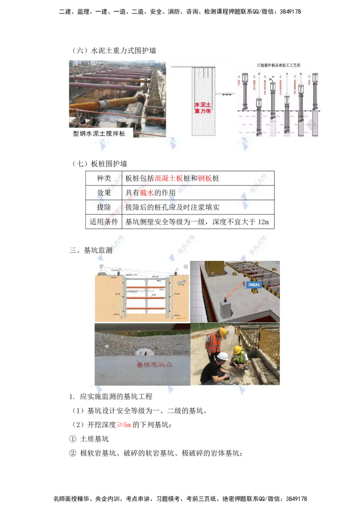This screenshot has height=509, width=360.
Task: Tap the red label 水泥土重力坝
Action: pyautogui.click(x=202, y=108)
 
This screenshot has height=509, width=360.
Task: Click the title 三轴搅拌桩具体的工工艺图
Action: pyautogui.click(x=279, y=65)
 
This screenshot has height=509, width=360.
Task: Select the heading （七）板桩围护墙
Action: pyautogui.click(x=99, y=164)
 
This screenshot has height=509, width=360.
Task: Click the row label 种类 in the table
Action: pyautogui.click(x=104, y=179)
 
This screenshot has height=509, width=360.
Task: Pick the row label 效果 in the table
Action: pyautogui.click(x=104, y=193)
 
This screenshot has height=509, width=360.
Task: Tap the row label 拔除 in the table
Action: pyautogui.click(x=104, y=207)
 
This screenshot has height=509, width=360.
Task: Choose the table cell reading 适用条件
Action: pyautogui.click(x=104, y=222)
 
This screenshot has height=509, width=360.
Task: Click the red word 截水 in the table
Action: pyautogui.click(x=147, y=193)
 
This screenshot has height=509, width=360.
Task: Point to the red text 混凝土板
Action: pyautogui.click(x=169, y=179)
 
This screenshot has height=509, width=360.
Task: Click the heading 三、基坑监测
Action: pyautogui.click(x=91, y=250)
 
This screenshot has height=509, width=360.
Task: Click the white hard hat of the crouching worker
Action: pyautogui.click(x=222, y=356)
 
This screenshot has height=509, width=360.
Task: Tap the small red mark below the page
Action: pyautogui.click(x=123, y=424)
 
